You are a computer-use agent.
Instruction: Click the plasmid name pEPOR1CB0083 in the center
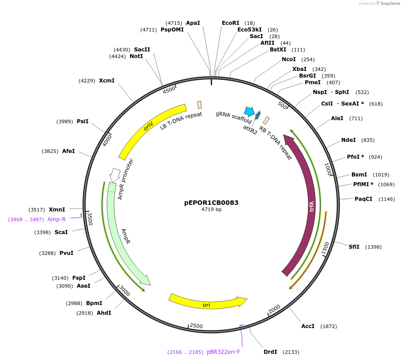[211, 203]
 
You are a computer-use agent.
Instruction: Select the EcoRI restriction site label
[230, 23]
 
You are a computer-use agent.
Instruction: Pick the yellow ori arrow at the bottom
[207, 304]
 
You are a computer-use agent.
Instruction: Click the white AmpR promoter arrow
[114, 175]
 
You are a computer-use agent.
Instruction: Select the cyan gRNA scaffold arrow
[249, 111]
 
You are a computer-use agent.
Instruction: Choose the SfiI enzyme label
[354, 247]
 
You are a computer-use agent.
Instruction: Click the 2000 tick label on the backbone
[274, 309]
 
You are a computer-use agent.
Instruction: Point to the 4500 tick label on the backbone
[169, 90]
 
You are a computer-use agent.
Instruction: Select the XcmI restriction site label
[106, 80]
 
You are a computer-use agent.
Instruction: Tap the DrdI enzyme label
[270, 352]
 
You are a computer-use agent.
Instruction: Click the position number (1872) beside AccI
[329, 326]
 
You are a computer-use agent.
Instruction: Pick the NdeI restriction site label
[348, 140]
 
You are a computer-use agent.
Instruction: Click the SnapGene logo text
[390, 4]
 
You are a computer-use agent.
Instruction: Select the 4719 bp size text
[211, 209]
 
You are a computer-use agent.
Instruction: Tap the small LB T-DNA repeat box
[199, 105]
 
